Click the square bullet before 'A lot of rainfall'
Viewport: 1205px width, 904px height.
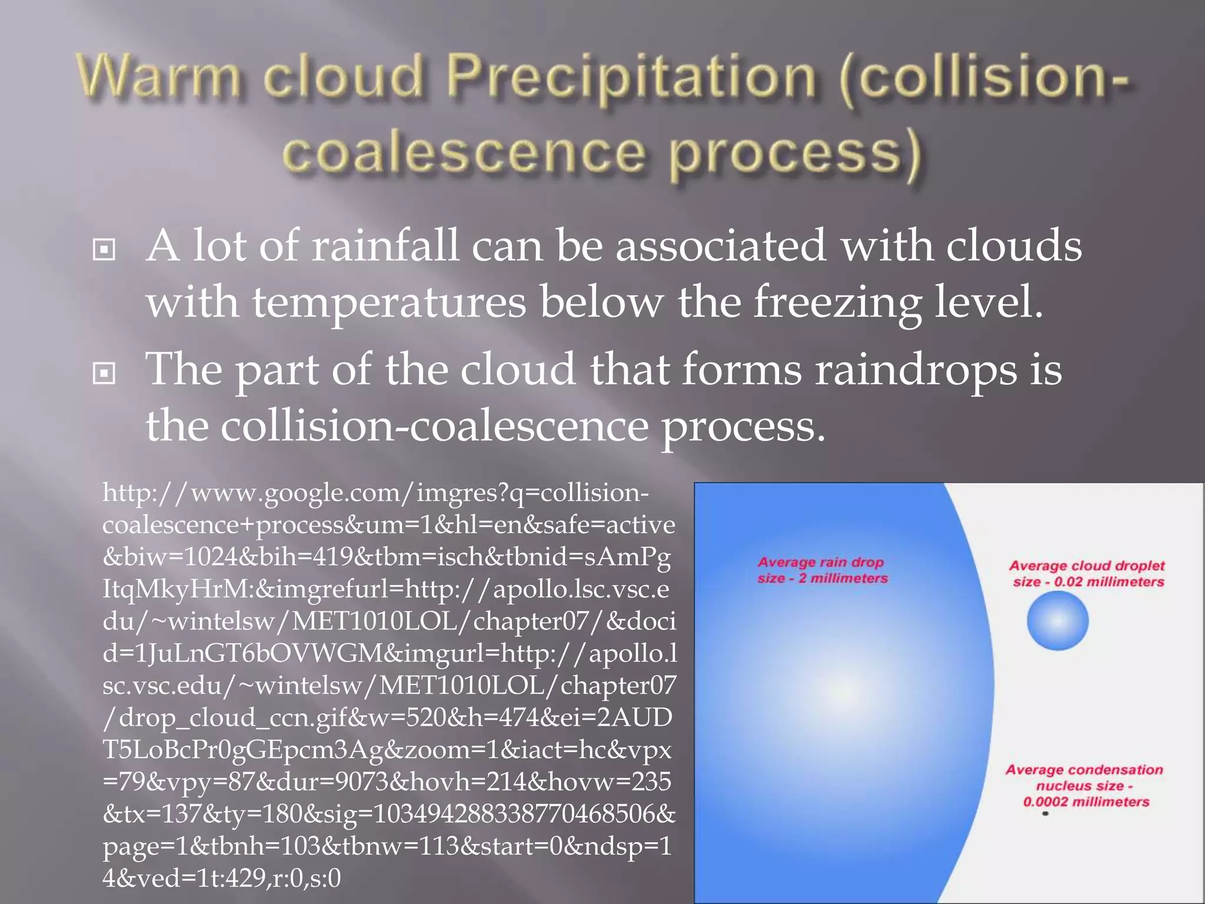tap(104, 250)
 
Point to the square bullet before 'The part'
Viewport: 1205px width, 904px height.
tap(104, 373)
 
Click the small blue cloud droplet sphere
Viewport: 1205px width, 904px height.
tap(1057, 621)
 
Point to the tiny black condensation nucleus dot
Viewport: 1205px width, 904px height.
tap(1046, 814)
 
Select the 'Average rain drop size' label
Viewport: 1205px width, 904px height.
tap(821, 570)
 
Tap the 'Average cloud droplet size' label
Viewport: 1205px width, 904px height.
tap(1087, 574)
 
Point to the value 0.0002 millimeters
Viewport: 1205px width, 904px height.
tap(1086, 802)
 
